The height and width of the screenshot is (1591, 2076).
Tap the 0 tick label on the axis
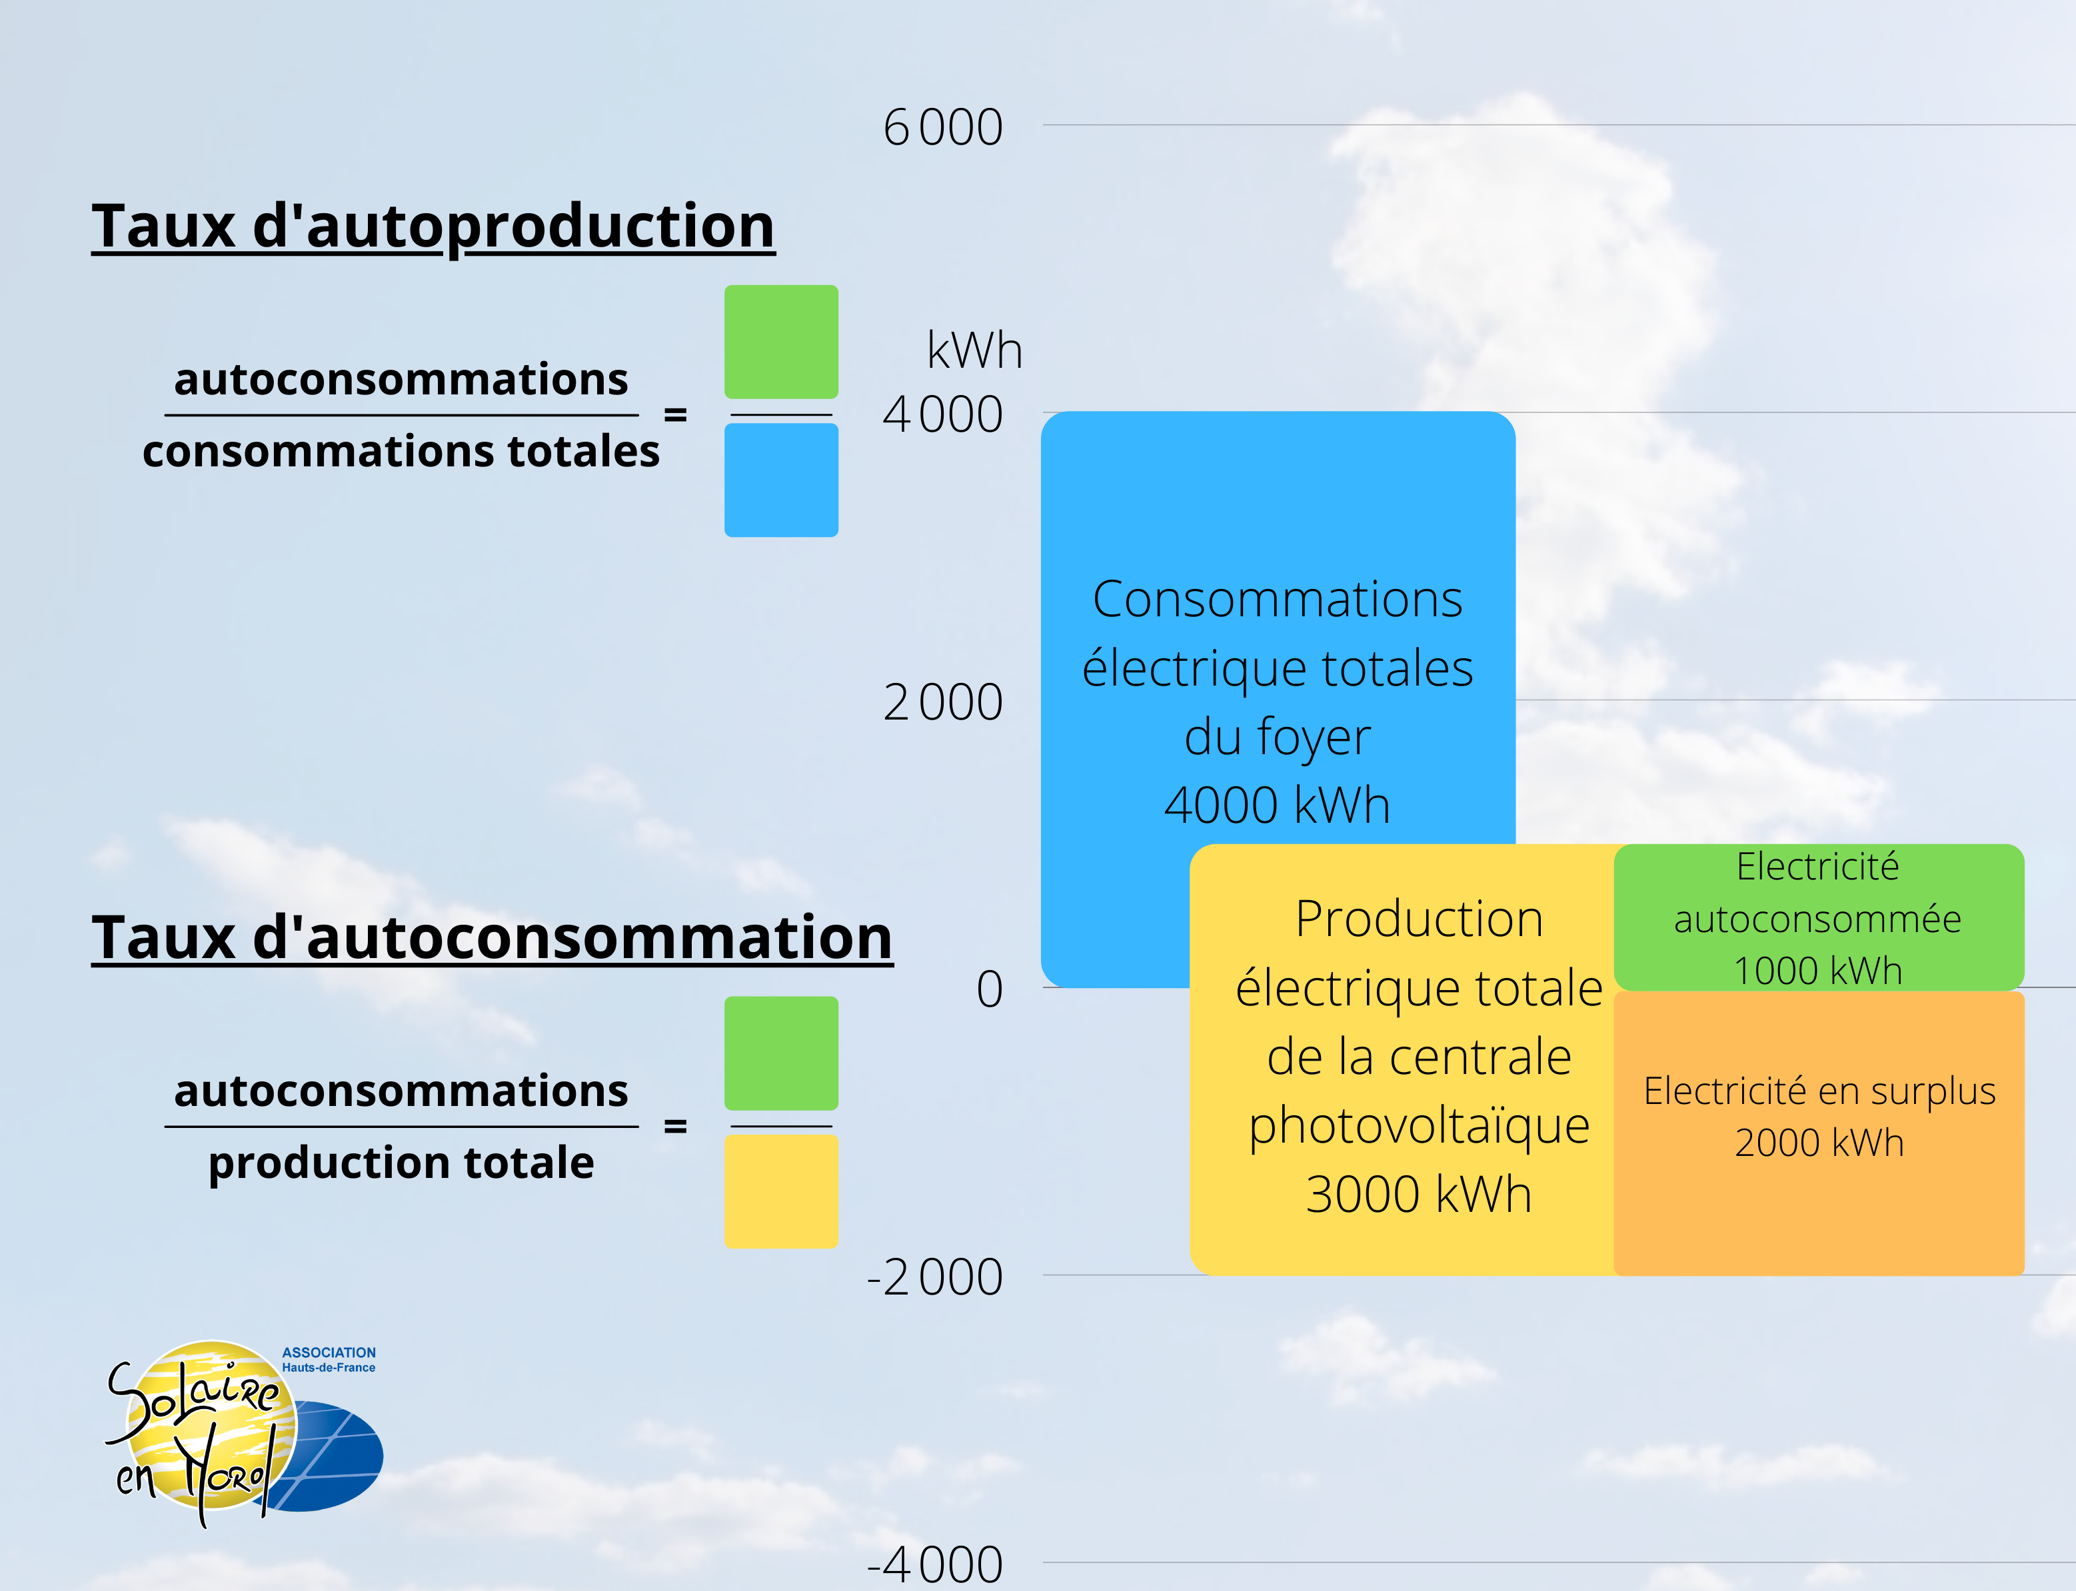989,989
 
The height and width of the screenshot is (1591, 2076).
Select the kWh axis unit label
974,350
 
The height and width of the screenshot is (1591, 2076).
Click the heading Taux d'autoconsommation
492,937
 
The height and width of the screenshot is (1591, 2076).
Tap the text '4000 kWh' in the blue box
1277,805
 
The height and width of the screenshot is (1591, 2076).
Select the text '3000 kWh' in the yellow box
1418,1193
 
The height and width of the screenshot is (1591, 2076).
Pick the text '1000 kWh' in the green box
1817,971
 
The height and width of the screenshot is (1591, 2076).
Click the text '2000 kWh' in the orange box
1818,1142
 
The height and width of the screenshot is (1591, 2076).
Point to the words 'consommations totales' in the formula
401,451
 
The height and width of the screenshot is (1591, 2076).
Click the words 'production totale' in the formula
401,1162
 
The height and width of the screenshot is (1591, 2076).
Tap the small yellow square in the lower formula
780,1191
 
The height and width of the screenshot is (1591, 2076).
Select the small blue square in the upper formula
780,480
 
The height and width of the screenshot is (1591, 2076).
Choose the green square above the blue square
780,342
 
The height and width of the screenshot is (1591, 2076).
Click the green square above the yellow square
780,1053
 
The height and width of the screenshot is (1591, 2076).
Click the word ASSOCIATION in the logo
329,1352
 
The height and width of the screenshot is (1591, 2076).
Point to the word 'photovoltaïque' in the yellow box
1418,1125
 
